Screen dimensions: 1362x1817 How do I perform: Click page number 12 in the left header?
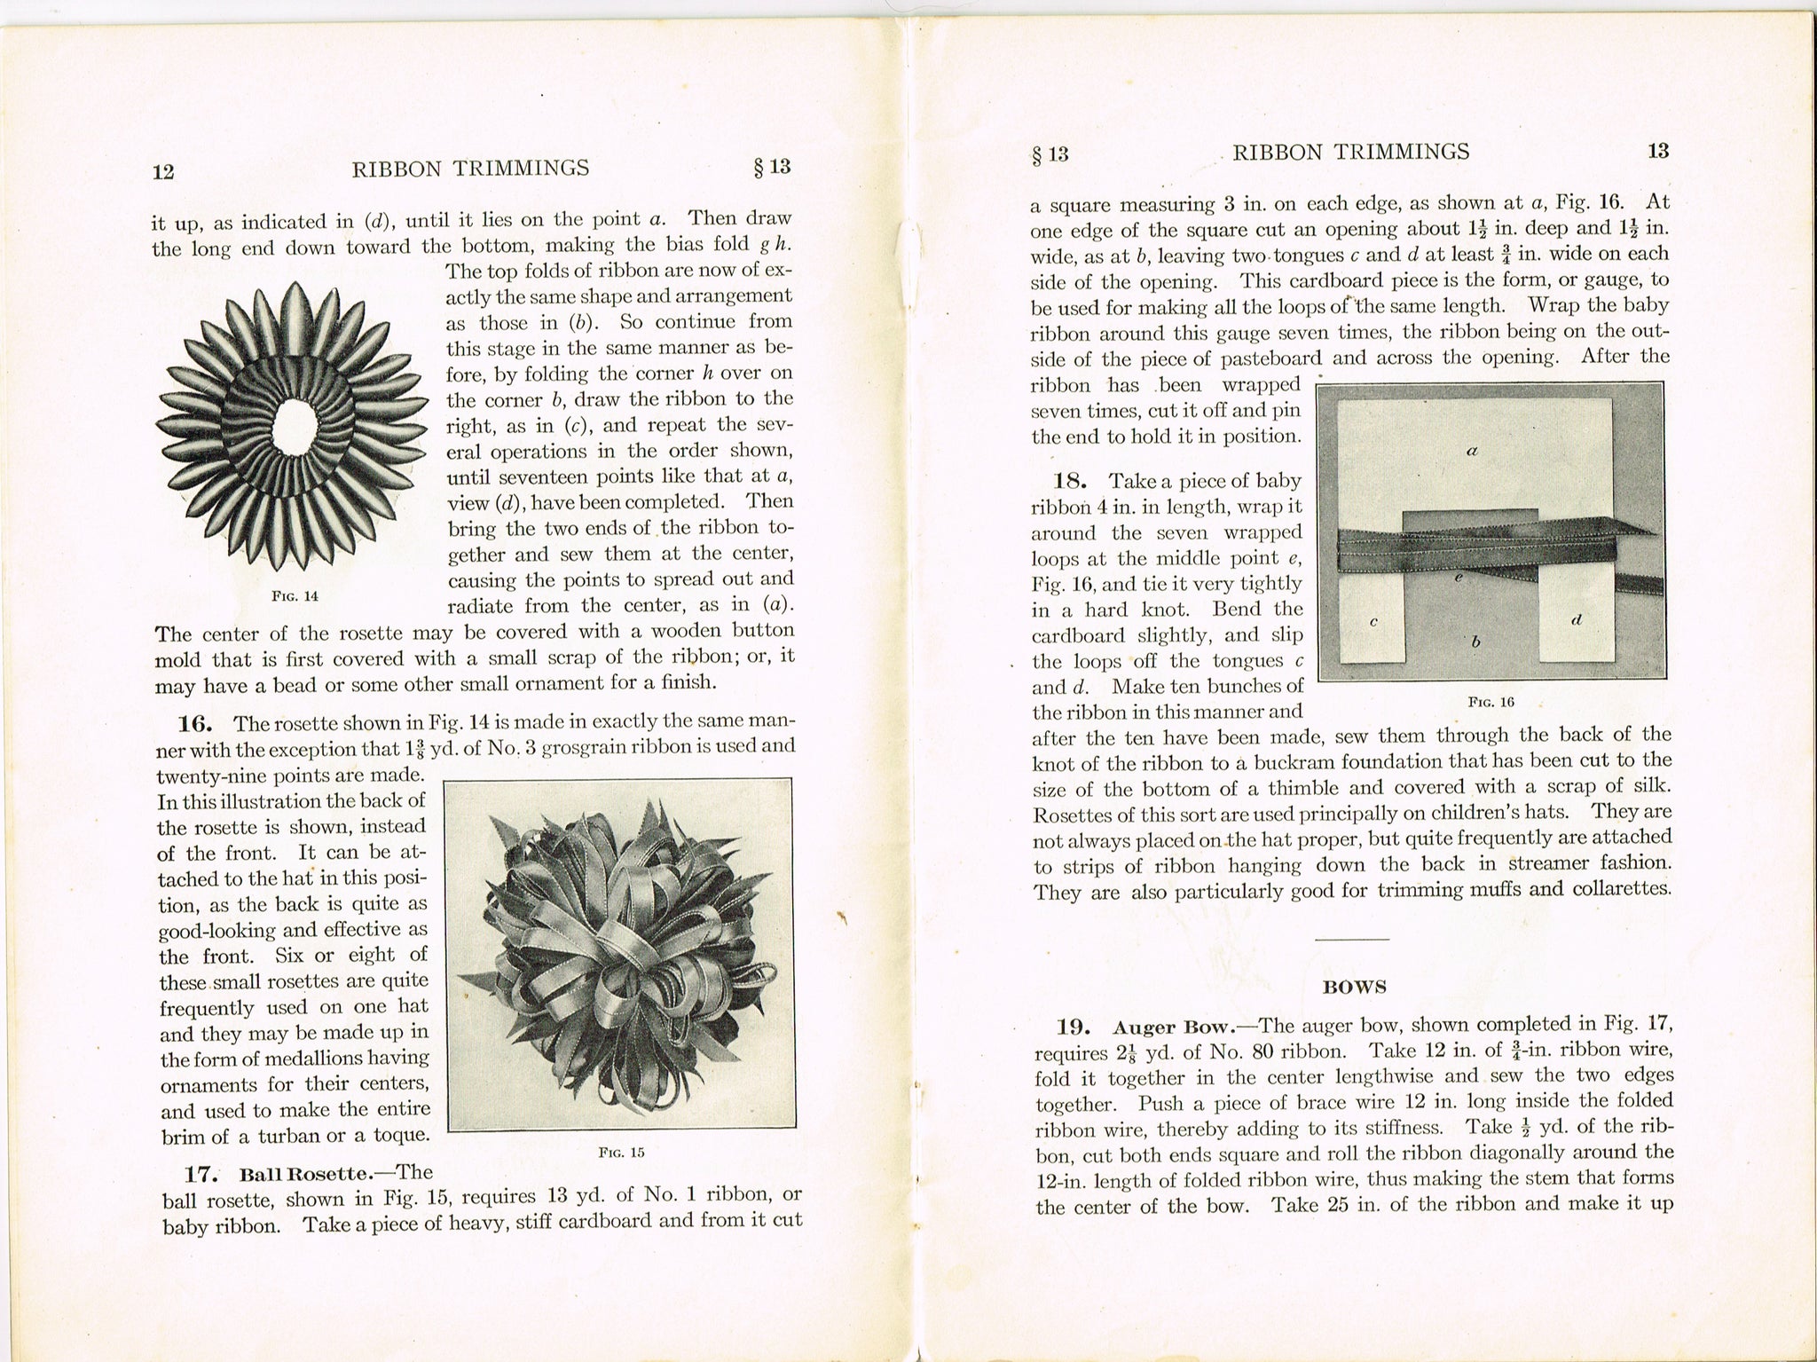(x=162, y=172)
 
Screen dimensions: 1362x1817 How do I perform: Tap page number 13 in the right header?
(x=1658, y=151)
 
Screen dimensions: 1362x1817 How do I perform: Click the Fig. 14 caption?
(x=295, y=596)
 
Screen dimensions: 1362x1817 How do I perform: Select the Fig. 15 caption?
(x=621, y=1153)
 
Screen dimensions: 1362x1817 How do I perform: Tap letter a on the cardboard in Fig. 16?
(x=1471, y=450)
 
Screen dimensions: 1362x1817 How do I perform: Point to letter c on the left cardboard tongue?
(x=1373, y=622)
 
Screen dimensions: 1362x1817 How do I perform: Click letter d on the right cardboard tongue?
(x=1576, y=619)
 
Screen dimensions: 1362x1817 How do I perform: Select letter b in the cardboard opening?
(x=1475, y=642)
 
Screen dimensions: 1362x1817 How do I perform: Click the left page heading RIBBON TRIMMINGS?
(x=470, y=169)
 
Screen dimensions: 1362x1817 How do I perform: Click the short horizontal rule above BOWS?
(x=1352, y=939)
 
